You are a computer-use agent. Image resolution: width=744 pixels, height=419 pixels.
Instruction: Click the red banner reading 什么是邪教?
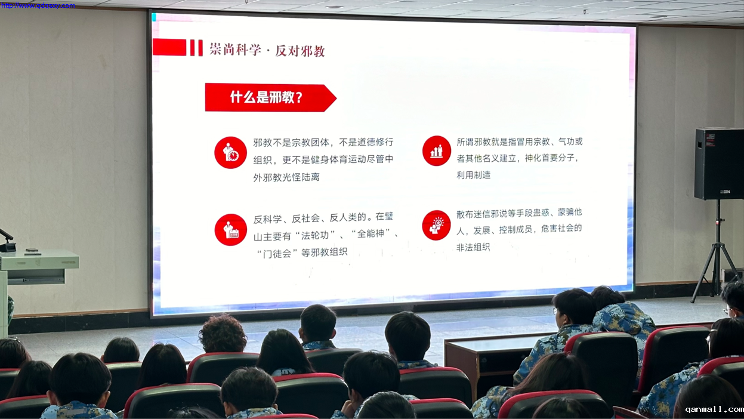(x=270, y=98)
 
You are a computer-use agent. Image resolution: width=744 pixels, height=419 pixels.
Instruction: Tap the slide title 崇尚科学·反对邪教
(x=267, y=50)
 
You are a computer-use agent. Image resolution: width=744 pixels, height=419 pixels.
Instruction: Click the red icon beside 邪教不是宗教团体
(x=230, y=153)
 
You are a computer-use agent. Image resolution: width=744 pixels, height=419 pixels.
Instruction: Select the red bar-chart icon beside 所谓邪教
(x=436, y=150)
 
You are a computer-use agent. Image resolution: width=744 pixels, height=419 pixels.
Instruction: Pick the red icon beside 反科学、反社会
(x=230, y=230)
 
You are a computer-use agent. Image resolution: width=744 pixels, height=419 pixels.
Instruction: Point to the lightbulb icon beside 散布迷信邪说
(x=436, y=225)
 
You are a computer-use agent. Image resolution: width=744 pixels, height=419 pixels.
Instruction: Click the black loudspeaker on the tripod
(x=719, y=164)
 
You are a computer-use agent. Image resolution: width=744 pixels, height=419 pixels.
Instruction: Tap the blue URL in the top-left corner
(x=38, y=5)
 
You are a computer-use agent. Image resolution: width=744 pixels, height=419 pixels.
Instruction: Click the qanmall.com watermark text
(x=714, y=409)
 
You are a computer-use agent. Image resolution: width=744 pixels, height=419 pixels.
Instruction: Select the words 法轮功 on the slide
(x=315, y=235)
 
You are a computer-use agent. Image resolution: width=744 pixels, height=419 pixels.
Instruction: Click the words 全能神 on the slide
(x=371, y=234)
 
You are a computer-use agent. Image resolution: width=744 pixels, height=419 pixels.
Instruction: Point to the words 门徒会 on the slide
(x=277, y=254)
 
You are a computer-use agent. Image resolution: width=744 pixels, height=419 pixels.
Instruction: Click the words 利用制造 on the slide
(x=473, y=175)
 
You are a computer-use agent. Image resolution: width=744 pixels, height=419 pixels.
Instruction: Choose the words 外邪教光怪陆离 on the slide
(x=286, y=177)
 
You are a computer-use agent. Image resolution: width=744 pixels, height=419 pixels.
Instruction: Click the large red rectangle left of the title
(x=169, y=47)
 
